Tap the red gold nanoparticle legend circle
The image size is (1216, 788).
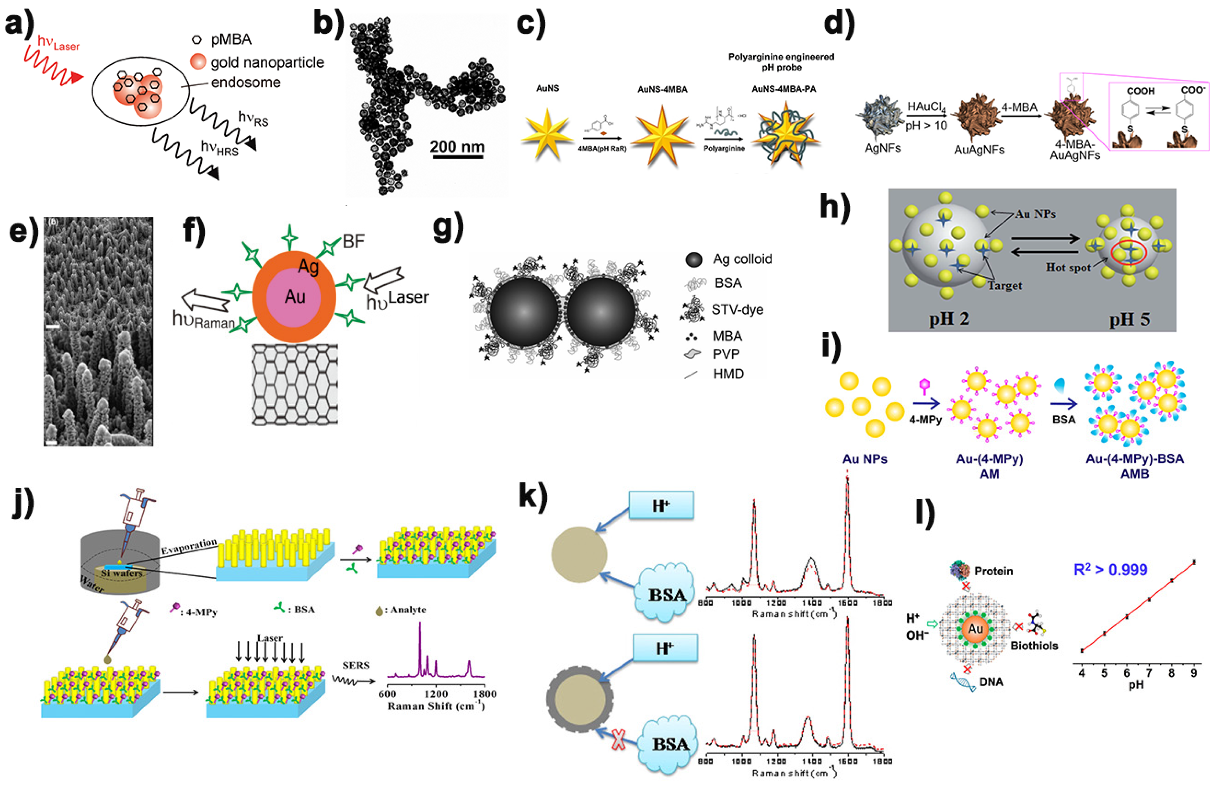click(x=198, y=62)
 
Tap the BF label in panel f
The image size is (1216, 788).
click(x=353, y=241)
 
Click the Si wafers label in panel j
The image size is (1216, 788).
click(x=121, y=573)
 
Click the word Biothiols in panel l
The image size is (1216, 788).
click(x=1034, y=645)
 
